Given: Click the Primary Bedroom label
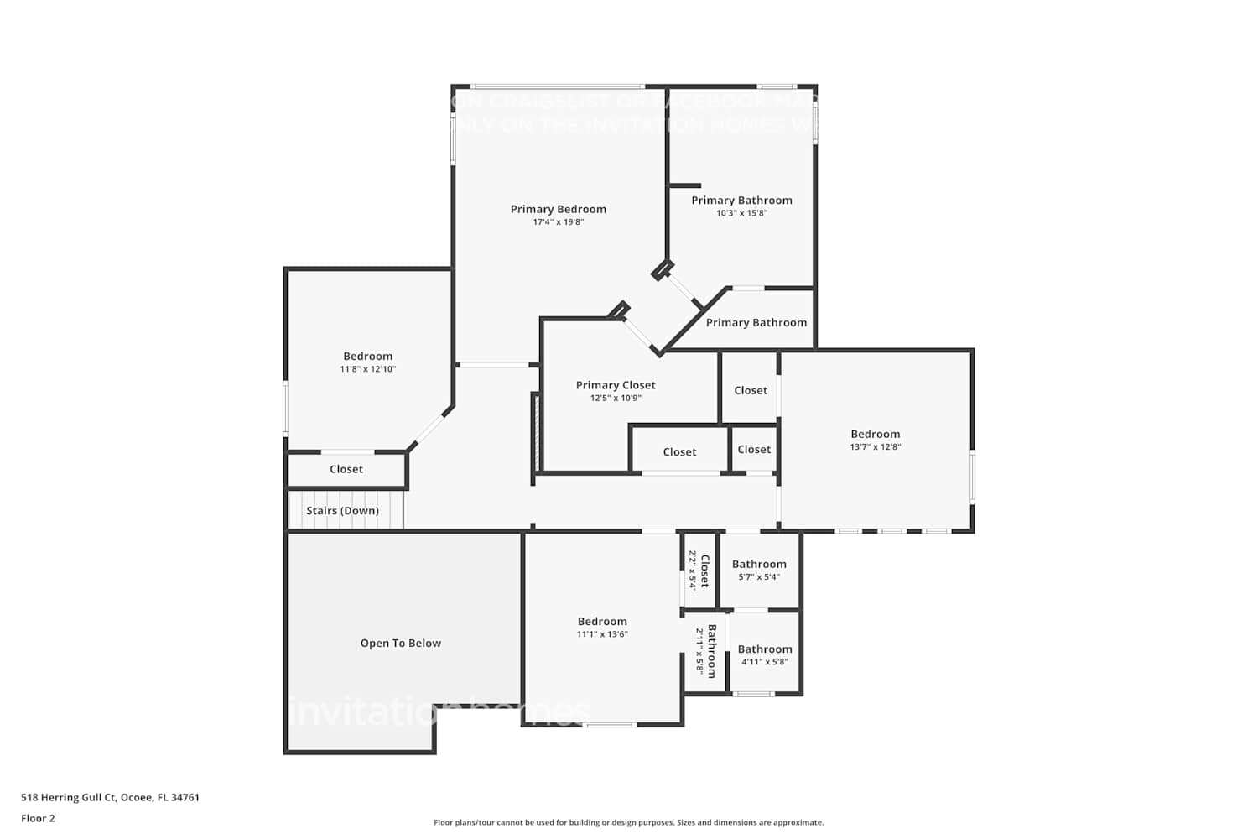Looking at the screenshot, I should [x=558, y=209].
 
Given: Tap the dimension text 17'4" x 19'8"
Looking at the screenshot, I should [x=558, y=222].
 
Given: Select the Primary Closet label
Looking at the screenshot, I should [x=616, y=385].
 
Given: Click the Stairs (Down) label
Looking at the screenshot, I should [x=342, y=510].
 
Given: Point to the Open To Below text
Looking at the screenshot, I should [x=400, y=643].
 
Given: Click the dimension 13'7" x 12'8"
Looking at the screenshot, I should [x=875, y=447].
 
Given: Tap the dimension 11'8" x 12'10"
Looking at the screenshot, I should [x=367, y=369].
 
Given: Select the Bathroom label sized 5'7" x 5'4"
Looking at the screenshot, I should [x=759, y=564].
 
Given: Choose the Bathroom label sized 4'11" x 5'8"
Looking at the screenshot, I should [x=764, y=649].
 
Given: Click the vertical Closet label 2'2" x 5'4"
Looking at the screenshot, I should [x=704, y=571].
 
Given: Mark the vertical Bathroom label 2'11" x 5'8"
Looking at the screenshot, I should [x=711, y=651].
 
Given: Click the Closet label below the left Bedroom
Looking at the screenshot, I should [x=346, y=469].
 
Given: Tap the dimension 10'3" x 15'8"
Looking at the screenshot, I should [x=741, y=213].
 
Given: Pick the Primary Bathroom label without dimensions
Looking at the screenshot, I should [x=756, y=322].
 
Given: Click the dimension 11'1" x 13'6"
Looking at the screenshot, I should [x=602, y=634].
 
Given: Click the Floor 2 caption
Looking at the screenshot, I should [x=38, y=818].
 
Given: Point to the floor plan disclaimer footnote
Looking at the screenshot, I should [x=628, y=822].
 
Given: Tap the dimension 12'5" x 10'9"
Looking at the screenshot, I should [x=616, y=399].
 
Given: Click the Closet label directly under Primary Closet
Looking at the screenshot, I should [x=679, y=451].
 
